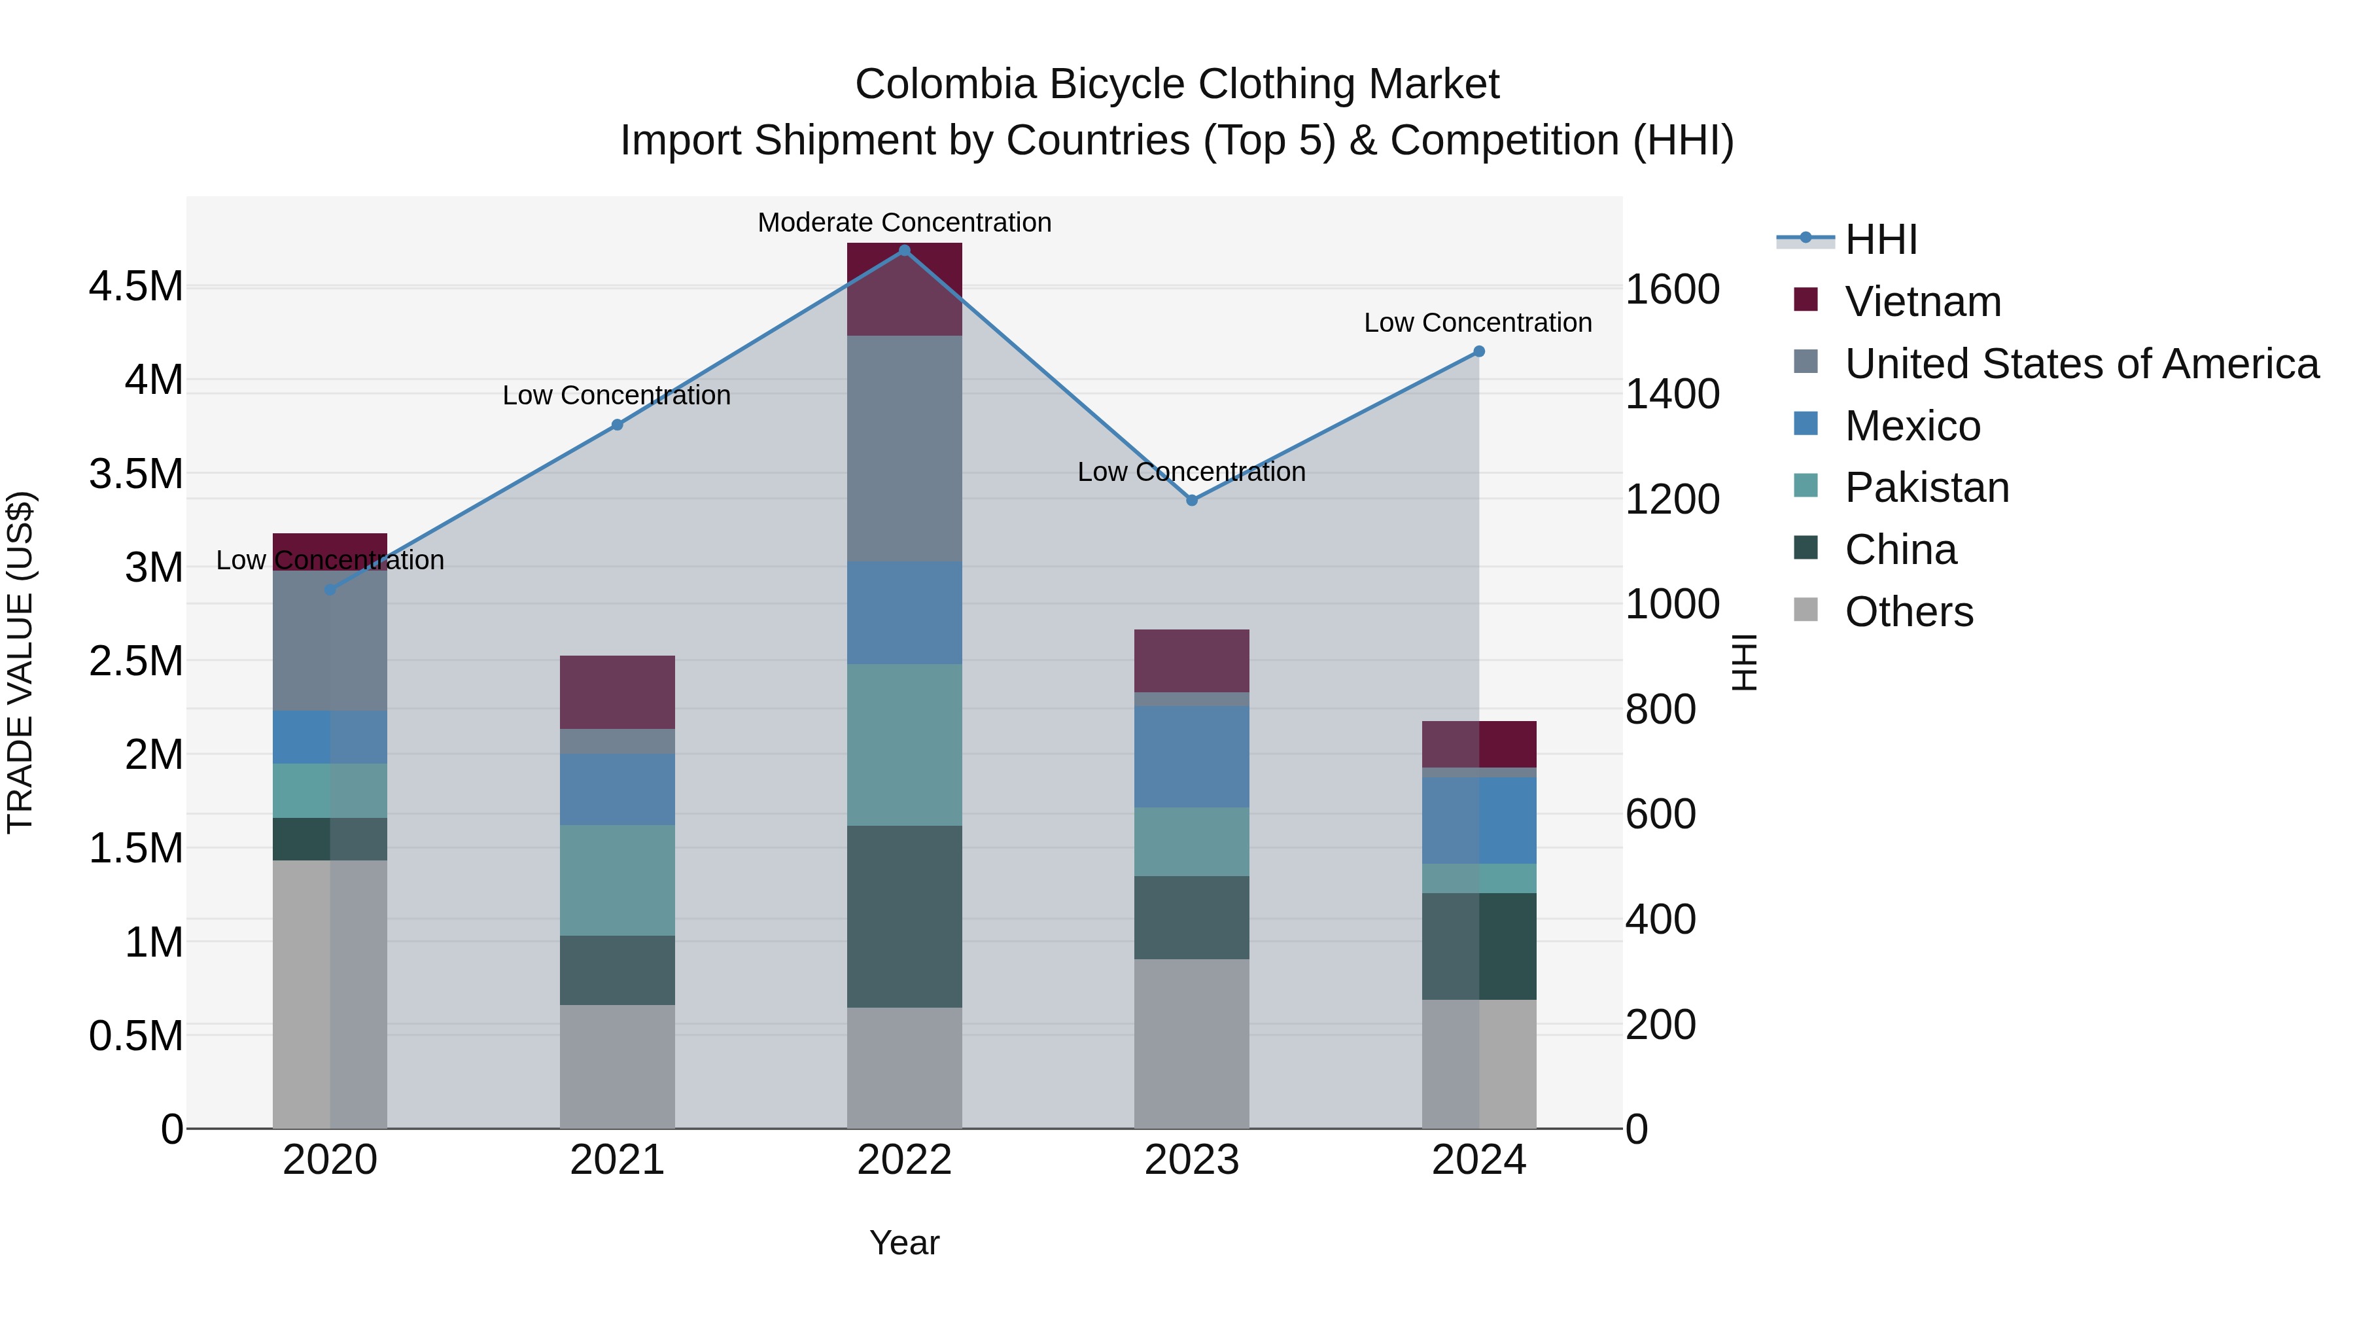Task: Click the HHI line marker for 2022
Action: pyautogui.click(x=904, y=251)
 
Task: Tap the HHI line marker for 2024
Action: pyautogui.click(x=1478, y=352)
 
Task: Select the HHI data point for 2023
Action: pyautogui.click(x=1191, y=500)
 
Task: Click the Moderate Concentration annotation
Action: pyautogui.click(x=904, y=223)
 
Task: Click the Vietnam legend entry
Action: pyautogui.click(x=1922, y=302)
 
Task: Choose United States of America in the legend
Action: pyautogui.click(x=2081, y=364)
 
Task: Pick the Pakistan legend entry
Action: pyautogui.click(x=1927, y=488)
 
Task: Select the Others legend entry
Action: pyautogui.click(x=1908, y=612)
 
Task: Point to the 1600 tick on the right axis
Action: pyautogui.click(x=1672, y=290)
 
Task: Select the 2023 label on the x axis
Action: pyautogui.click(x=1191, y=1160)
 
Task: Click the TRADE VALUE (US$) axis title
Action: pyautogui.click(x=21, y=662)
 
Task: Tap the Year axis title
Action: pyautogui.click(x=904, y=1243)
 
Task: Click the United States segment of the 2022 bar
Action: pyautogui.click(x=904, y=448)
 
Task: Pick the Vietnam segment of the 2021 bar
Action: pyautogui.click(x=617, y=692)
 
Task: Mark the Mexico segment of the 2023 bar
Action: pyautogui.click(x=1191, y=756)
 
